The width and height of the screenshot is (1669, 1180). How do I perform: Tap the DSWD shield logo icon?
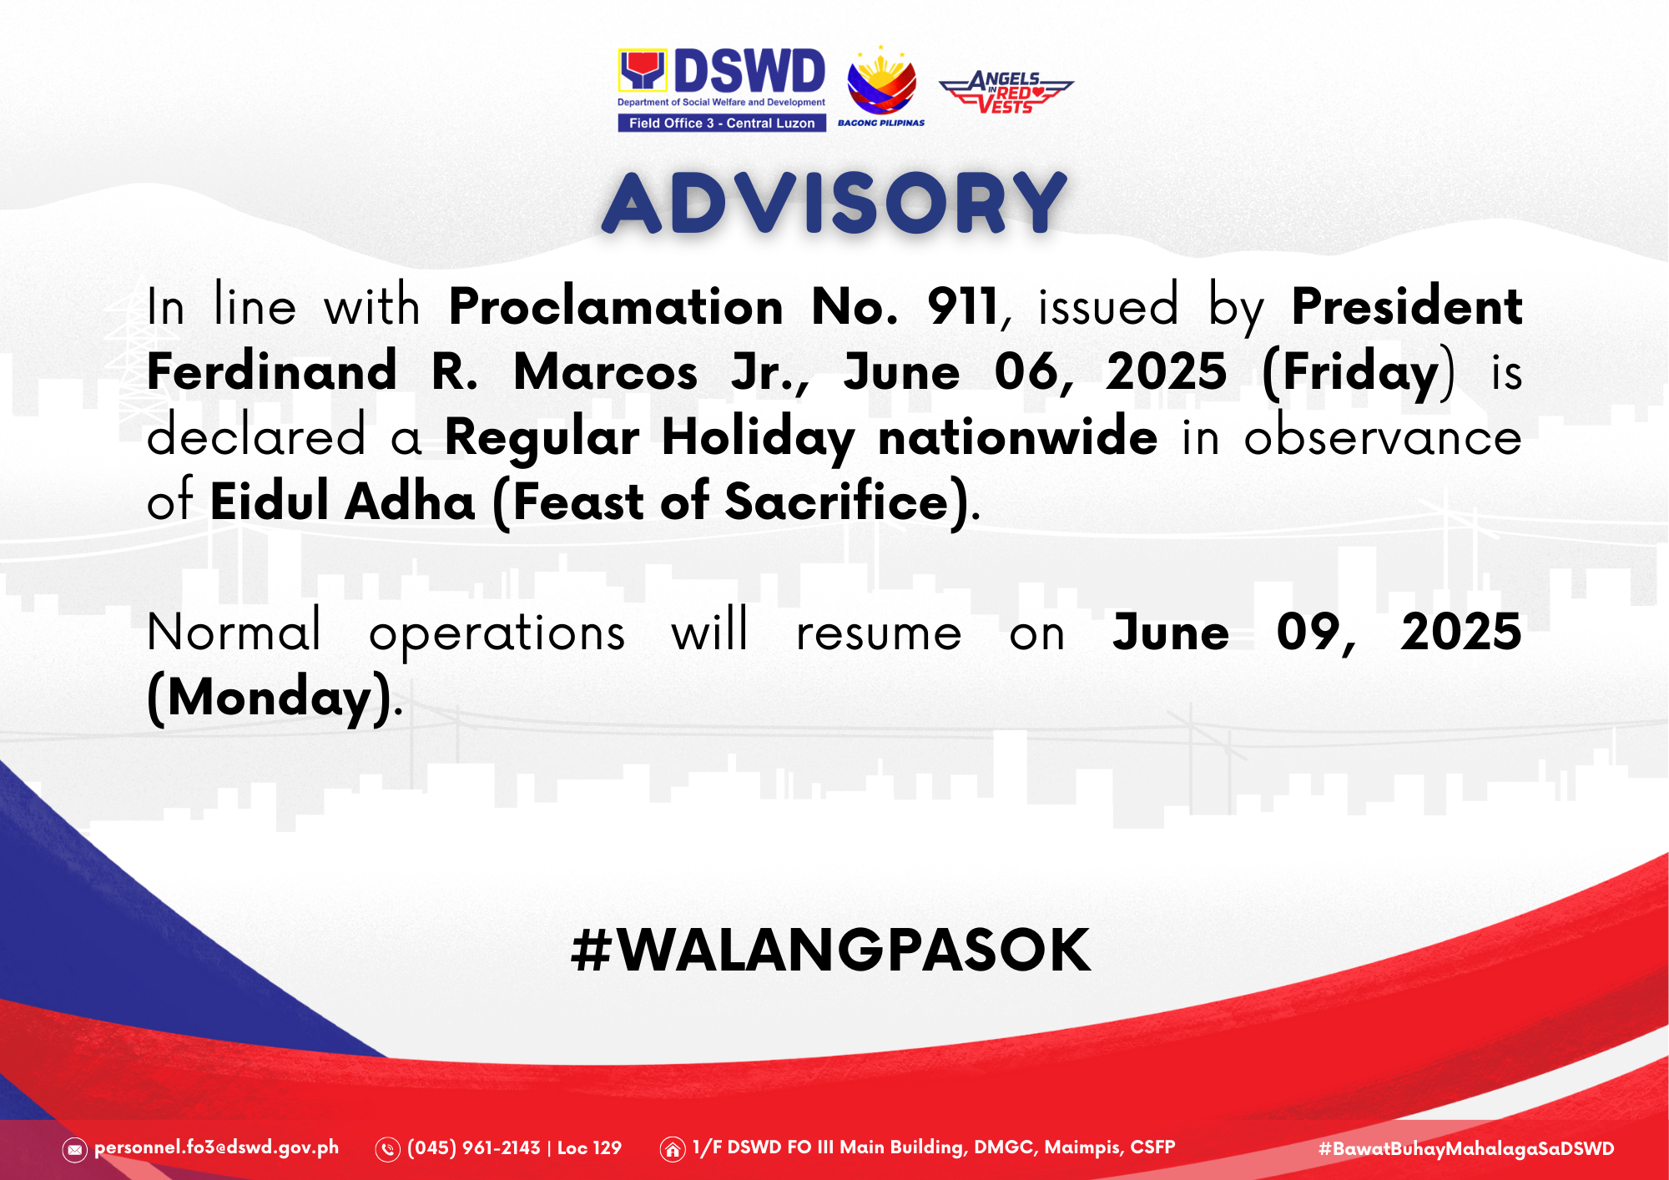coord(643,70)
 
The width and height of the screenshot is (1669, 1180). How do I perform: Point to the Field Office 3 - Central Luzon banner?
coord(722,123)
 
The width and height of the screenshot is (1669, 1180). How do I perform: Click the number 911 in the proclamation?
coord(963,306)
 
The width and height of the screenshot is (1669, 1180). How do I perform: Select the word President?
coord(1407,306)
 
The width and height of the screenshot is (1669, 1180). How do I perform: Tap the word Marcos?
coord(606,371)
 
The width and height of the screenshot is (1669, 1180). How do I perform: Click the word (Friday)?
coord(1359,373)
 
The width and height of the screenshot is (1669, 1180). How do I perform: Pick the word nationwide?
coord(1018,436)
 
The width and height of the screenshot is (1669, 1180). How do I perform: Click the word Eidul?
coord(270,501)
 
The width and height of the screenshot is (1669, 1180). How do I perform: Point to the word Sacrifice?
coord(837,501)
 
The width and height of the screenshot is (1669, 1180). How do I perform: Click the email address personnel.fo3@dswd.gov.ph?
coord(217,1147)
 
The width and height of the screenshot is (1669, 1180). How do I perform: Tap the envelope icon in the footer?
coord(74,1150)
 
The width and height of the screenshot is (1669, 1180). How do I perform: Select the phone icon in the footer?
coord(388,1150)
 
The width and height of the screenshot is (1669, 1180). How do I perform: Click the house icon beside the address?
coord(673,1150)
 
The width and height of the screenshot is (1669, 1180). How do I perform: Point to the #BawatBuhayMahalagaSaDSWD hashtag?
coord(1466,1149)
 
